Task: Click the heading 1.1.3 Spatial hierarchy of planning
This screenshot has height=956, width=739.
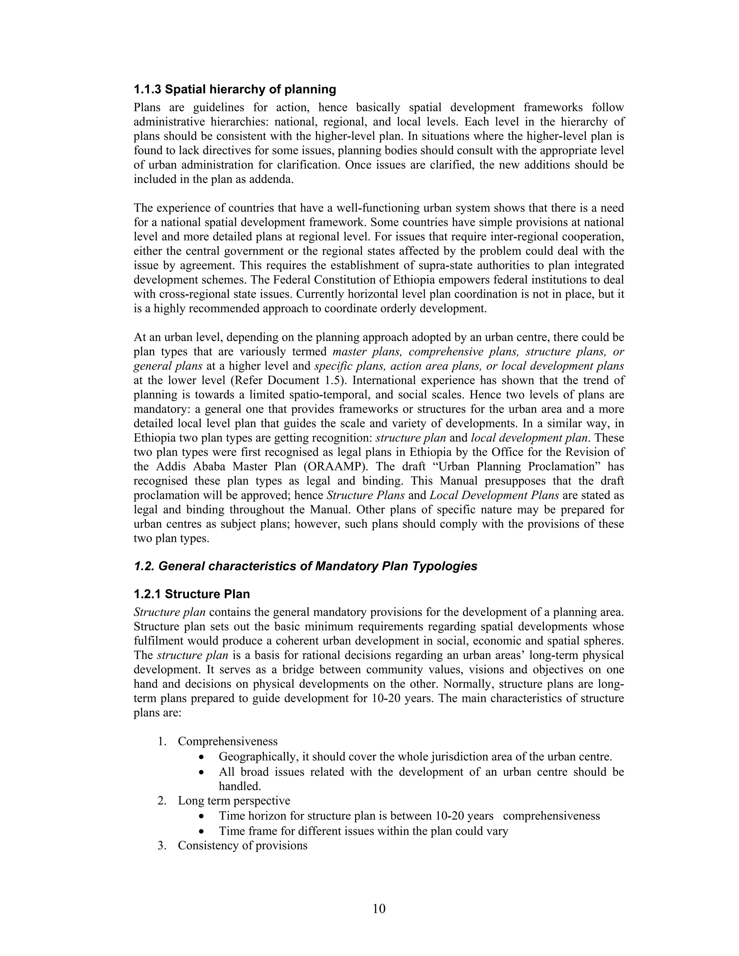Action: pyautogui.click(x=235, y=90)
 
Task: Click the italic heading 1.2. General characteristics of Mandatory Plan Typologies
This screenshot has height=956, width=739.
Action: pyautogui.click(x=305, y=566)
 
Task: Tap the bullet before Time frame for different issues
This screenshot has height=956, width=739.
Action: pyautogui.click(x=201, y=831)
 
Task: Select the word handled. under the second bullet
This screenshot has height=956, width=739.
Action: pyautogui.click(x=240, y=786)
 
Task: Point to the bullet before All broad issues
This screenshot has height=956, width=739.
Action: pyautogui.click(x=201, y=772)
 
